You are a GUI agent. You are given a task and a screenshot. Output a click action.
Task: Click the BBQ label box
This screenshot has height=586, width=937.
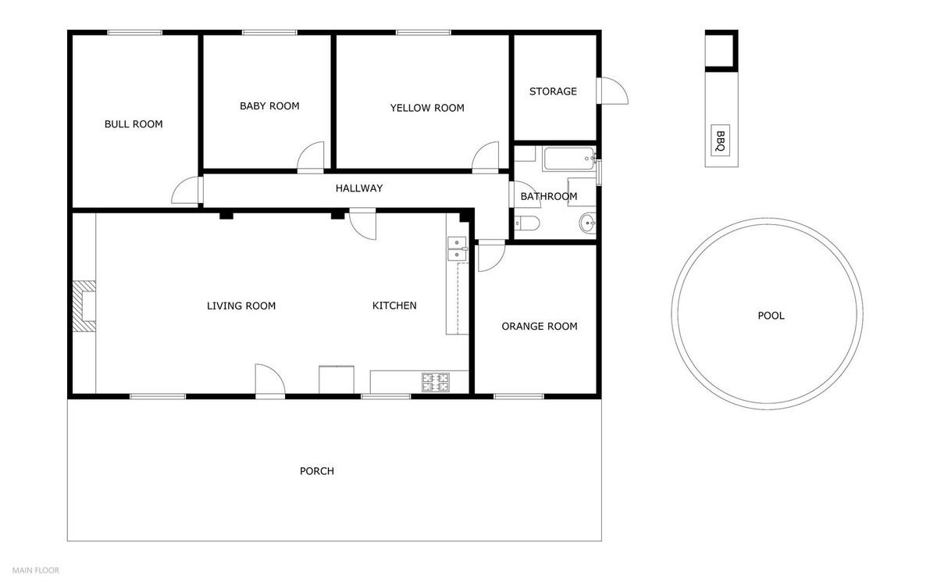[721, 140]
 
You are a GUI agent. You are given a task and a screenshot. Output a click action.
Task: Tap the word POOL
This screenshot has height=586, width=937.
[771, 316]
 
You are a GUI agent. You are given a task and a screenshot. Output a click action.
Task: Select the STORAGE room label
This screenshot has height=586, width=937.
[553, 91]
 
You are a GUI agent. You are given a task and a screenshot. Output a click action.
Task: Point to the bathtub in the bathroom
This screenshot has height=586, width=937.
[568, 161]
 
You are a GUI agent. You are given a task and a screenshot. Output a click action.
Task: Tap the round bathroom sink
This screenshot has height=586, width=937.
[588, 225]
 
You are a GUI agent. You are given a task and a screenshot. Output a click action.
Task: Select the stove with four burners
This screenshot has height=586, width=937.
[436, 381]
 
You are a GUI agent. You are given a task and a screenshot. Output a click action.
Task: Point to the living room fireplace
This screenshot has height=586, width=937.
[84, 306]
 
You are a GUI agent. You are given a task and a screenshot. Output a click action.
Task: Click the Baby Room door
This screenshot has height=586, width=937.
[311, 157]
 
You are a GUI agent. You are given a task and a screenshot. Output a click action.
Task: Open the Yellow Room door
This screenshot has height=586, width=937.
[485, 157]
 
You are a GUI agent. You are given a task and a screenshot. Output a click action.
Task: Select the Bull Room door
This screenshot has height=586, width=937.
[187, 190]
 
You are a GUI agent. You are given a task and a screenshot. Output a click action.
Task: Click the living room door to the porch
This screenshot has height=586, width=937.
[270, 381]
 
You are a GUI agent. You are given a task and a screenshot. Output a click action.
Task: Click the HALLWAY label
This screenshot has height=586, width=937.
[358, 188]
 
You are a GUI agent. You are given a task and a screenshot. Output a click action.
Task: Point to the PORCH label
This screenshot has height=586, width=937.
[317, 471]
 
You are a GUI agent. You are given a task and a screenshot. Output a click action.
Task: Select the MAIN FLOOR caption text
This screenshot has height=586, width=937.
[35, 570]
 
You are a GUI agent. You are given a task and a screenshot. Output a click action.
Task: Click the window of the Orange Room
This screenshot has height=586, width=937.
[519, 396]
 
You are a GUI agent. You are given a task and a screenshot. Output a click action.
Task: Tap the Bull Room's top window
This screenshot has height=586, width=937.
[134, 32]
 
